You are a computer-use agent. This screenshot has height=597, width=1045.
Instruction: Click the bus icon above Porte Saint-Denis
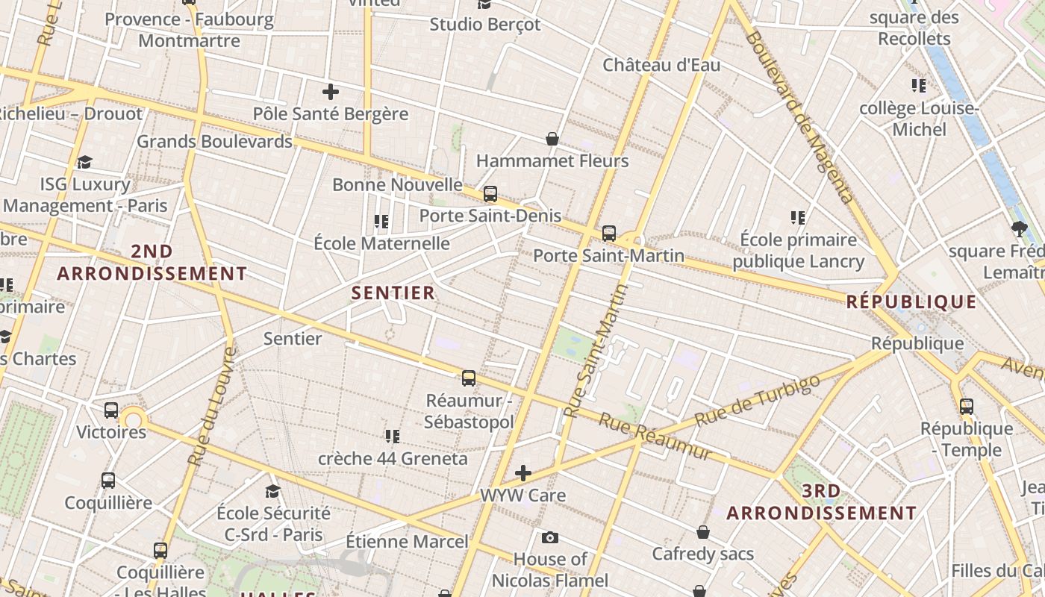490,194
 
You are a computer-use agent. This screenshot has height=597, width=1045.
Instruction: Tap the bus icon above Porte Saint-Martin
609,234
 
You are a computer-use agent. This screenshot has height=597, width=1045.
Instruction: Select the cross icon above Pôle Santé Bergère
331,92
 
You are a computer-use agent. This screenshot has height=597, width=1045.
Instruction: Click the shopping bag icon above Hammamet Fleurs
552,139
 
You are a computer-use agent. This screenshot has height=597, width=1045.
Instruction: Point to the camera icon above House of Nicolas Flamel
550,537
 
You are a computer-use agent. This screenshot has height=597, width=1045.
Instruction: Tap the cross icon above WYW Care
523,473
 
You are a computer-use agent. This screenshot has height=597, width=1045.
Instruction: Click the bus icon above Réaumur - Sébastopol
469,378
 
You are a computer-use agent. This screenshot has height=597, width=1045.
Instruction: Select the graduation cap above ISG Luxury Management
84,162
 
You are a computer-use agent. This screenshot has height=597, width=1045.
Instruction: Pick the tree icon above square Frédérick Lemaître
1020,228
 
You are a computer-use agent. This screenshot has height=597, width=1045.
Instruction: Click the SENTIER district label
393,293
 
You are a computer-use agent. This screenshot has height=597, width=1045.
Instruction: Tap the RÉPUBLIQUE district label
911,302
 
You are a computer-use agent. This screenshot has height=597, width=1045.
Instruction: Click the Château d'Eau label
661,65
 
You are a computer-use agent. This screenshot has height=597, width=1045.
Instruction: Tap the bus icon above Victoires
111,410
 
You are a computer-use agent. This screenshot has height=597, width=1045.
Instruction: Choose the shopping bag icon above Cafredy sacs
702,532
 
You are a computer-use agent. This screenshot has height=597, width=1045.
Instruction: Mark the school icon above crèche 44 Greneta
393,436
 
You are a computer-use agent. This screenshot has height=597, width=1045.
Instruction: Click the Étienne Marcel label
407,541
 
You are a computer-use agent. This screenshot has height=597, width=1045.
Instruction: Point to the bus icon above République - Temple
967,407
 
